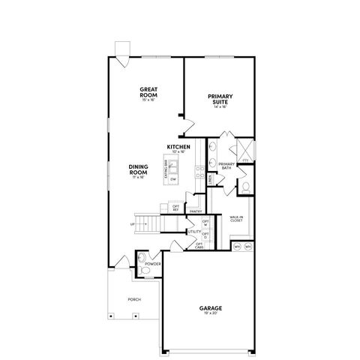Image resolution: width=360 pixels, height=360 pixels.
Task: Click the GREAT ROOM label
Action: (147, 92)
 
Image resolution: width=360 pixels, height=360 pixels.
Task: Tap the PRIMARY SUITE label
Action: (220, 99)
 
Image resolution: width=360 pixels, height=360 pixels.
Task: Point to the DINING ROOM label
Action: (138, 170)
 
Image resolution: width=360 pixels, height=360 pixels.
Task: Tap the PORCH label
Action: (134, 299)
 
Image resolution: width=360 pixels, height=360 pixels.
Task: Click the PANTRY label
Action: (196, 211)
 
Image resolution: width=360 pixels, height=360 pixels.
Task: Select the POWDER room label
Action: (154, 265)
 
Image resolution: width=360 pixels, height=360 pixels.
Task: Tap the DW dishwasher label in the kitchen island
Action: (173, 179)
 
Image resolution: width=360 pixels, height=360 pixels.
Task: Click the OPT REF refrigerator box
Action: (176, 208)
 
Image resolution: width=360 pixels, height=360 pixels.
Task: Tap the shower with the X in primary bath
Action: (244, 148)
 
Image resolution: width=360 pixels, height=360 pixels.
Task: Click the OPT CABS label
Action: (199, 245)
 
